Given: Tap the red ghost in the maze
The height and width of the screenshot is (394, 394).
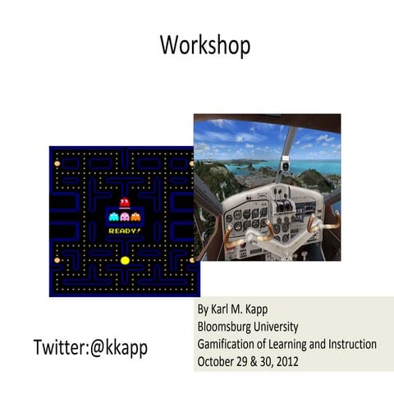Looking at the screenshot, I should point(124,203).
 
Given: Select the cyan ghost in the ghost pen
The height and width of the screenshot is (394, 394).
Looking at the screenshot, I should point(113,218).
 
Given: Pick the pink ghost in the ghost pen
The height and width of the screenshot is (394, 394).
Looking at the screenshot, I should point(124,218).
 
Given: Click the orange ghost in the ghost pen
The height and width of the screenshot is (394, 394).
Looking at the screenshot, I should point(135,218).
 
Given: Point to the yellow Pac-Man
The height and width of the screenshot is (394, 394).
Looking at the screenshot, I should point(125,259).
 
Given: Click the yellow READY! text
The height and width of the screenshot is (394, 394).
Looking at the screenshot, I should point(124,231).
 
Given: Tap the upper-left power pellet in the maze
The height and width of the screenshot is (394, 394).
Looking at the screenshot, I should point(57,163).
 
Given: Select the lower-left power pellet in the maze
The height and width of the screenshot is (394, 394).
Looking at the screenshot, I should point(57,259).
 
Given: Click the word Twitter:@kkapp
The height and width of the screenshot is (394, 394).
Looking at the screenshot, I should point(89,347).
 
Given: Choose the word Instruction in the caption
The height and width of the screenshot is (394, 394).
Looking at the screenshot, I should point(349,344).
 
